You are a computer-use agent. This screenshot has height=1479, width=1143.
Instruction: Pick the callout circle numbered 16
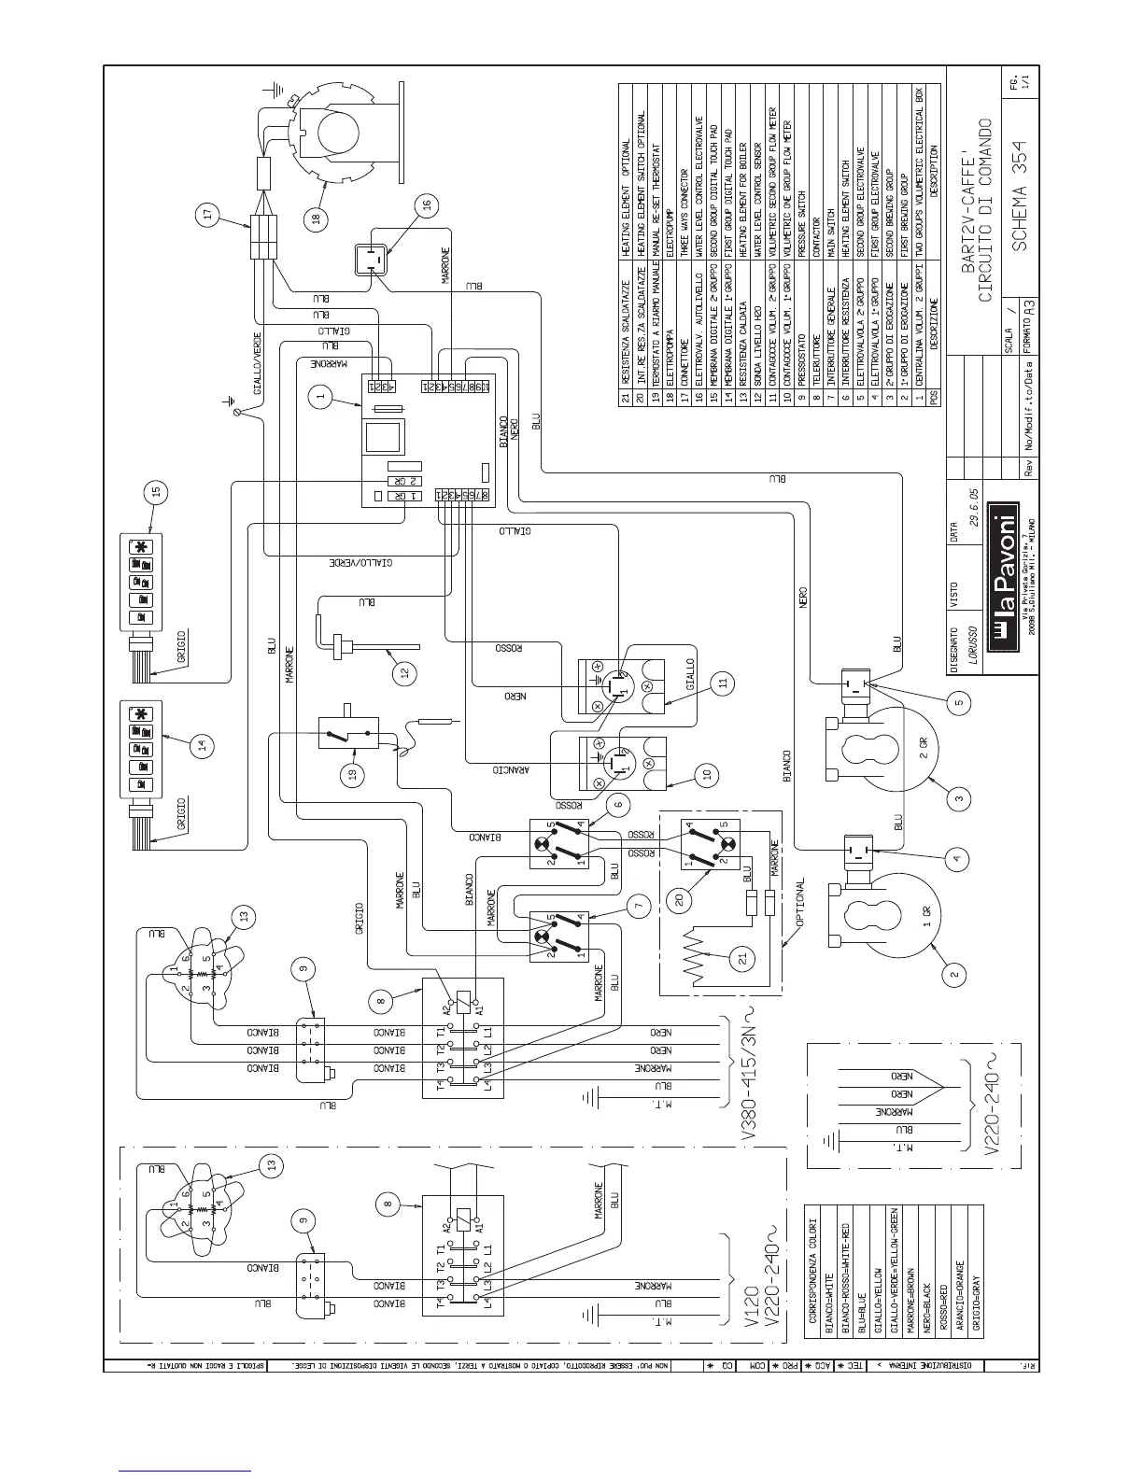[426, 206]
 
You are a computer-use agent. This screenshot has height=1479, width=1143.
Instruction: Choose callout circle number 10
[707, 774]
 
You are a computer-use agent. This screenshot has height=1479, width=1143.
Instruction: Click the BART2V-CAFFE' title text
[968, 215]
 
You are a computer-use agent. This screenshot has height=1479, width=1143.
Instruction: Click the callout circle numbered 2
[954, 975]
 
